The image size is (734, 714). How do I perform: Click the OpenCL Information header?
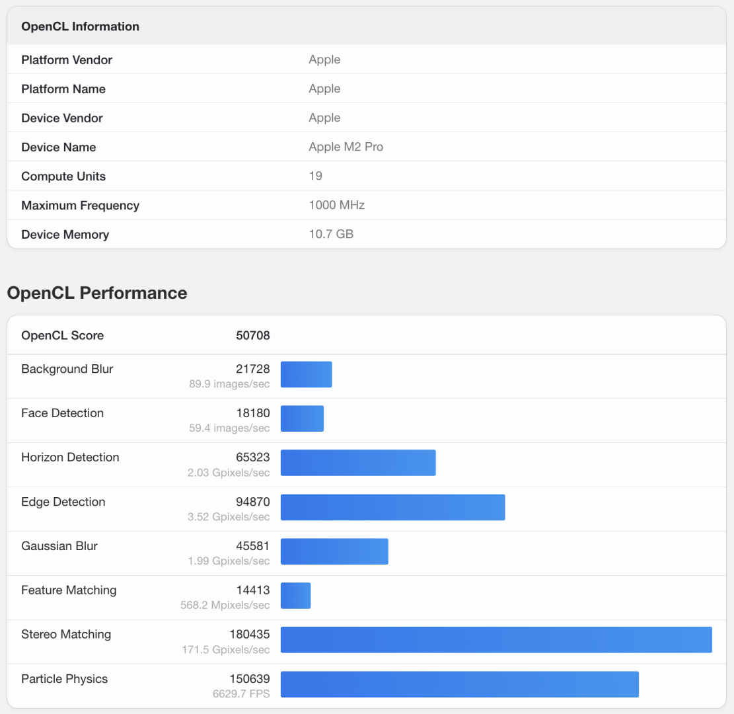tap(80, 26)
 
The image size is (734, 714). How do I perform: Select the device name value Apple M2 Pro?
tap(346, 147)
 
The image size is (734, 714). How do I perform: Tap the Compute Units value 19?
tap(315, 176)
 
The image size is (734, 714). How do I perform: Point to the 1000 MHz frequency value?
tap(336, 205)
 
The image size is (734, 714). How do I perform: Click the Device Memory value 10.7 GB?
tap(331, 234)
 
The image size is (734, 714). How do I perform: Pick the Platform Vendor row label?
tap(67, 59)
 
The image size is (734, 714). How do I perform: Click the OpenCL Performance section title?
tap(97, 293)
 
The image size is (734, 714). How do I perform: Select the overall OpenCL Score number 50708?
tap(252, 335)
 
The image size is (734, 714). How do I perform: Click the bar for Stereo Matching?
tap(496, 640)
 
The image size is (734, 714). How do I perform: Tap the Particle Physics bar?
tap(459, 684)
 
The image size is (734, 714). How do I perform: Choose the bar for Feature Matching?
tap(295, 596)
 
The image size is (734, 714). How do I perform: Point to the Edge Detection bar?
tap(392, 507)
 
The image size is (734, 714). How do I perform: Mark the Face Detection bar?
tap(302, 418)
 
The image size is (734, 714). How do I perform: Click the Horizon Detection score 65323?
tap(252, 457)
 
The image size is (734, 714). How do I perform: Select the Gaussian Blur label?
tap(59, 546)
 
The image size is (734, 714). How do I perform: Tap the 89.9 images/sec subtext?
tap(229, 384)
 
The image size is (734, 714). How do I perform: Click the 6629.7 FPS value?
tap(240, 694)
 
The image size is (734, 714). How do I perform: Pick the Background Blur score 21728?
tap(252, 369)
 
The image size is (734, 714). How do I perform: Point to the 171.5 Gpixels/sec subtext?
tap(226, 650)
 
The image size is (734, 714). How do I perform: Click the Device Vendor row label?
tap(62, 118)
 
